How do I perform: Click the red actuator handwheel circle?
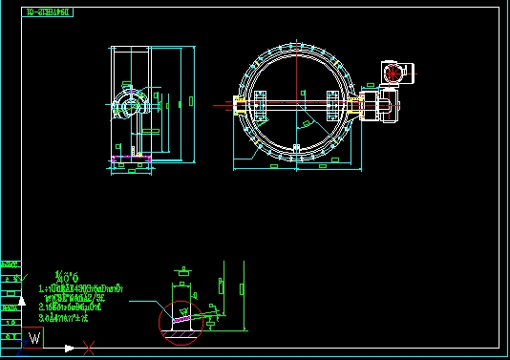[392, 72]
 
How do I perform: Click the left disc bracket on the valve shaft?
[260, 103]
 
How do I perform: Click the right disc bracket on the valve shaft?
[331, 103]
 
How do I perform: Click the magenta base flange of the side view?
[132, 159]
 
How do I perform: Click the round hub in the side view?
[126, 104]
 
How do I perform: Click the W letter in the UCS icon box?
[35, 337]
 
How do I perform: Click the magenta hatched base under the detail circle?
[181, 330]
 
